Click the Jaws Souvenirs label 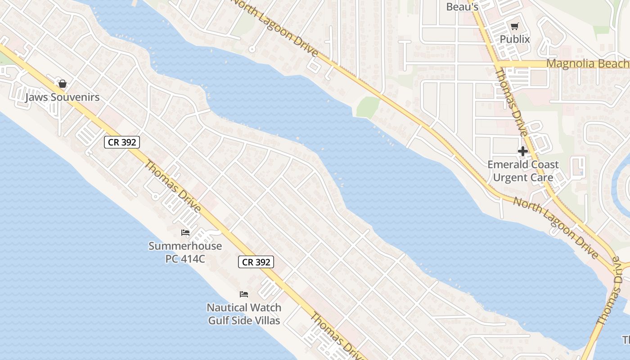pyautogui.click(x=63, y=97)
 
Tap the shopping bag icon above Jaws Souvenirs pyautogui.click(x=63, y=84)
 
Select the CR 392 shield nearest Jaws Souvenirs pyautogui.click(x=122, y=143)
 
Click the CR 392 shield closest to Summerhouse pyautogui.click(x=256, y=262)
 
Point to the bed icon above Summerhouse pyautogui.click(x=185, y=233)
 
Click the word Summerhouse pyautogui.click(x=185, y=246)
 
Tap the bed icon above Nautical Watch pyautogui.click(x=244, y=294)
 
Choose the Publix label pyautogui.click(x=515, y=39)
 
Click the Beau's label pyautogui.click(x=462, y=7)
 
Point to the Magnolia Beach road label pyautogui.click(x=588, y=63)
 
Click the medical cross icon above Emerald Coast pyautogui.click(x=523, y=152)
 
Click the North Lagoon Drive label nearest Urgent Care pyautogui.click(x=556, y=228)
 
